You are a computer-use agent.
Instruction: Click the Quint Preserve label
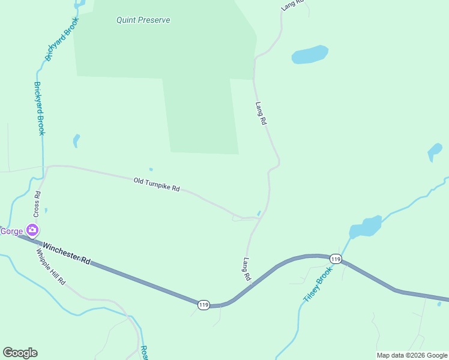pos(143,20)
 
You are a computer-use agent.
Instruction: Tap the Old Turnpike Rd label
pos(157,184)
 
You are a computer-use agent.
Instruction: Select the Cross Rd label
pos(37,203)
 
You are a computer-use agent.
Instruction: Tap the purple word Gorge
pos(11,231)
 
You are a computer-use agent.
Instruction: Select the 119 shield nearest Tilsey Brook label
pos(336,259)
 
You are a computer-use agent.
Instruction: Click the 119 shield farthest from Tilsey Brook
pos(204,305)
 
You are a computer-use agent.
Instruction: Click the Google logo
pos(20,353)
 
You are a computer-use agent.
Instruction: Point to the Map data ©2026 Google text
pos(412,355)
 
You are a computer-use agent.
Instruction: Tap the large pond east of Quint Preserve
pos(310,55)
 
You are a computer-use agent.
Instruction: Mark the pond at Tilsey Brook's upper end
pos(366,227)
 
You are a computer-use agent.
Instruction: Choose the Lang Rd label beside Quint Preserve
pos(261,113)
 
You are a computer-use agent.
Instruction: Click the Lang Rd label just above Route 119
pos(247,269)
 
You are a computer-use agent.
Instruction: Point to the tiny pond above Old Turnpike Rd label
pos(151,169)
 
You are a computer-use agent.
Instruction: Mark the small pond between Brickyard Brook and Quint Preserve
pos(76,140)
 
